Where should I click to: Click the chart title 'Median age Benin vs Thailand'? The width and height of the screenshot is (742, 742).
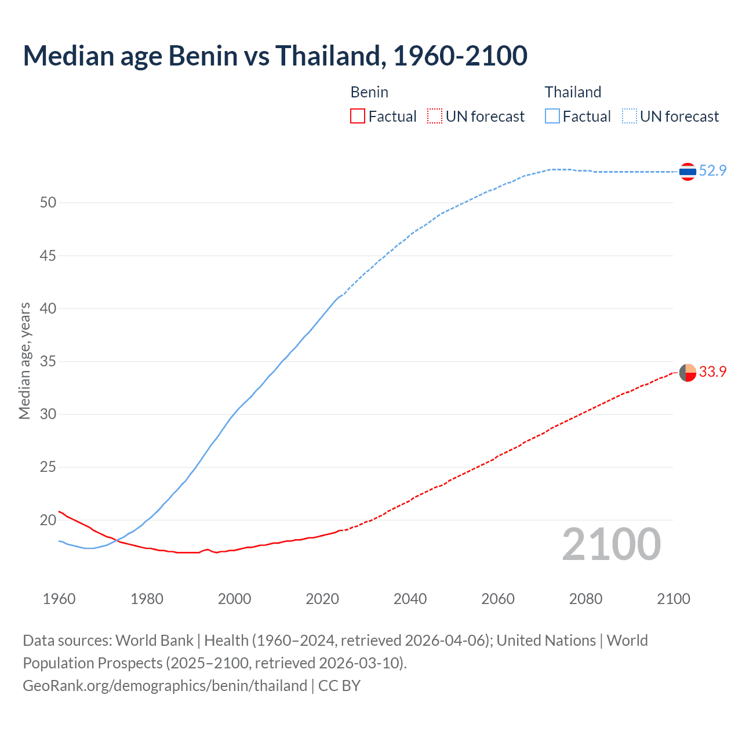coord(275,56)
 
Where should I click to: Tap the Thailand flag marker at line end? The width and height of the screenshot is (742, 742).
coord(688,172)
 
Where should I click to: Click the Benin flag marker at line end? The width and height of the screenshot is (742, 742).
coord(688,372)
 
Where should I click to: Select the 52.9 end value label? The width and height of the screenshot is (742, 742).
coord(712,170)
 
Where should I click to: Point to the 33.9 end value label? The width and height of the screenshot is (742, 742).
coord(712,372)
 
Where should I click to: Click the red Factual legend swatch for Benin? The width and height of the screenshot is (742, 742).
coord(358,117)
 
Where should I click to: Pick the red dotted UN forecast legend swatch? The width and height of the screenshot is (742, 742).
coord(435,117)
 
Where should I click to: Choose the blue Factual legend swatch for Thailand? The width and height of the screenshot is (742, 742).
coord(552,117)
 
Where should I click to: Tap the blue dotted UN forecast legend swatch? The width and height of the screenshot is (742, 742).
coord(630,117)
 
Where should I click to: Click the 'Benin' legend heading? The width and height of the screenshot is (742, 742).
coord(369,92)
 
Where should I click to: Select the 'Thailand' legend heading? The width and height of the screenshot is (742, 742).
coord(573,92)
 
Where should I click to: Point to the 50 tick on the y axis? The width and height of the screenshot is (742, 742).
coord(48,202)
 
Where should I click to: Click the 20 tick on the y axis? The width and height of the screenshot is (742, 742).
coord(48,520)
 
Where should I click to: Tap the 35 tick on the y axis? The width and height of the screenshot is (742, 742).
coord(48,361)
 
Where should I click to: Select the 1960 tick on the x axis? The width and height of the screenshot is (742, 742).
coord(59,599)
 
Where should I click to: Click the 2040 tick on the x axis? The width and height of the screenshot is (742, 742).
coord(410,599)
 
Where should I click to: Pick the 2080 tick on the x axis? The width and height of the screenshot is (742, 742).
coord(585,599)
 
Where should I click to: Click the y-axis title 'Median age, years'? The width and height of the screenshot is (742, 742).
coord(24,361)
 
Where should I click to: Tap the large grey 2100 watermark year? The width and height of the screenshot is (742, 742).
coord(611,544)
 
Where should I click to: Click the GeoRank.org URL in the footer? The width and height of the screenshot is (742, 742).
coord(165,686)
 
